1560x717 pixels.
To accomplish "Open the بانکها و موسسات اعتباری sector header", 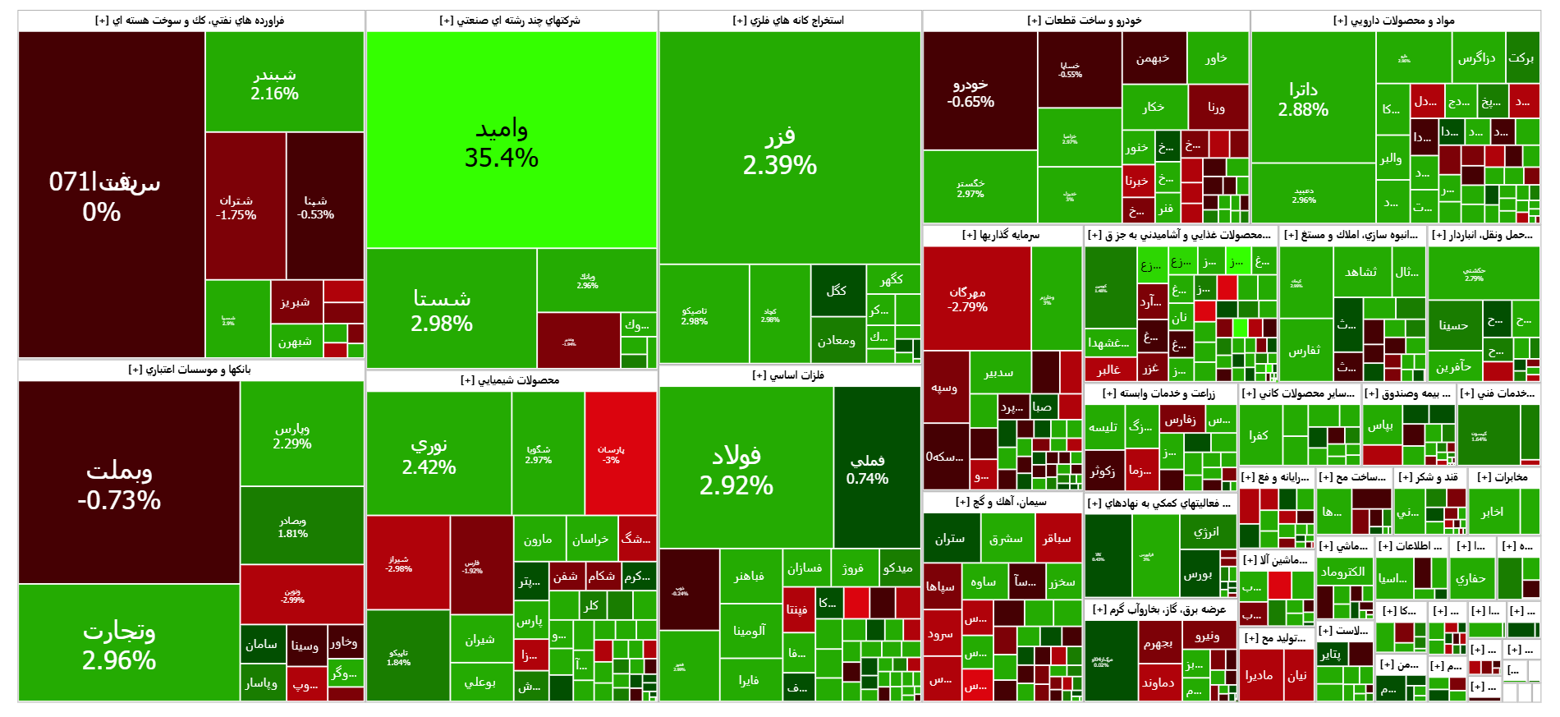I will [x=190, y=370].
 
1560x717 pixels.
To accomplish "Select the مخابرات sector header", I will [x=1503, y=477].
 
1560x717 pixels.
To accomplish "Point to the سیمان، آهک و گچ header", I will [x=1001, y=501].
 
